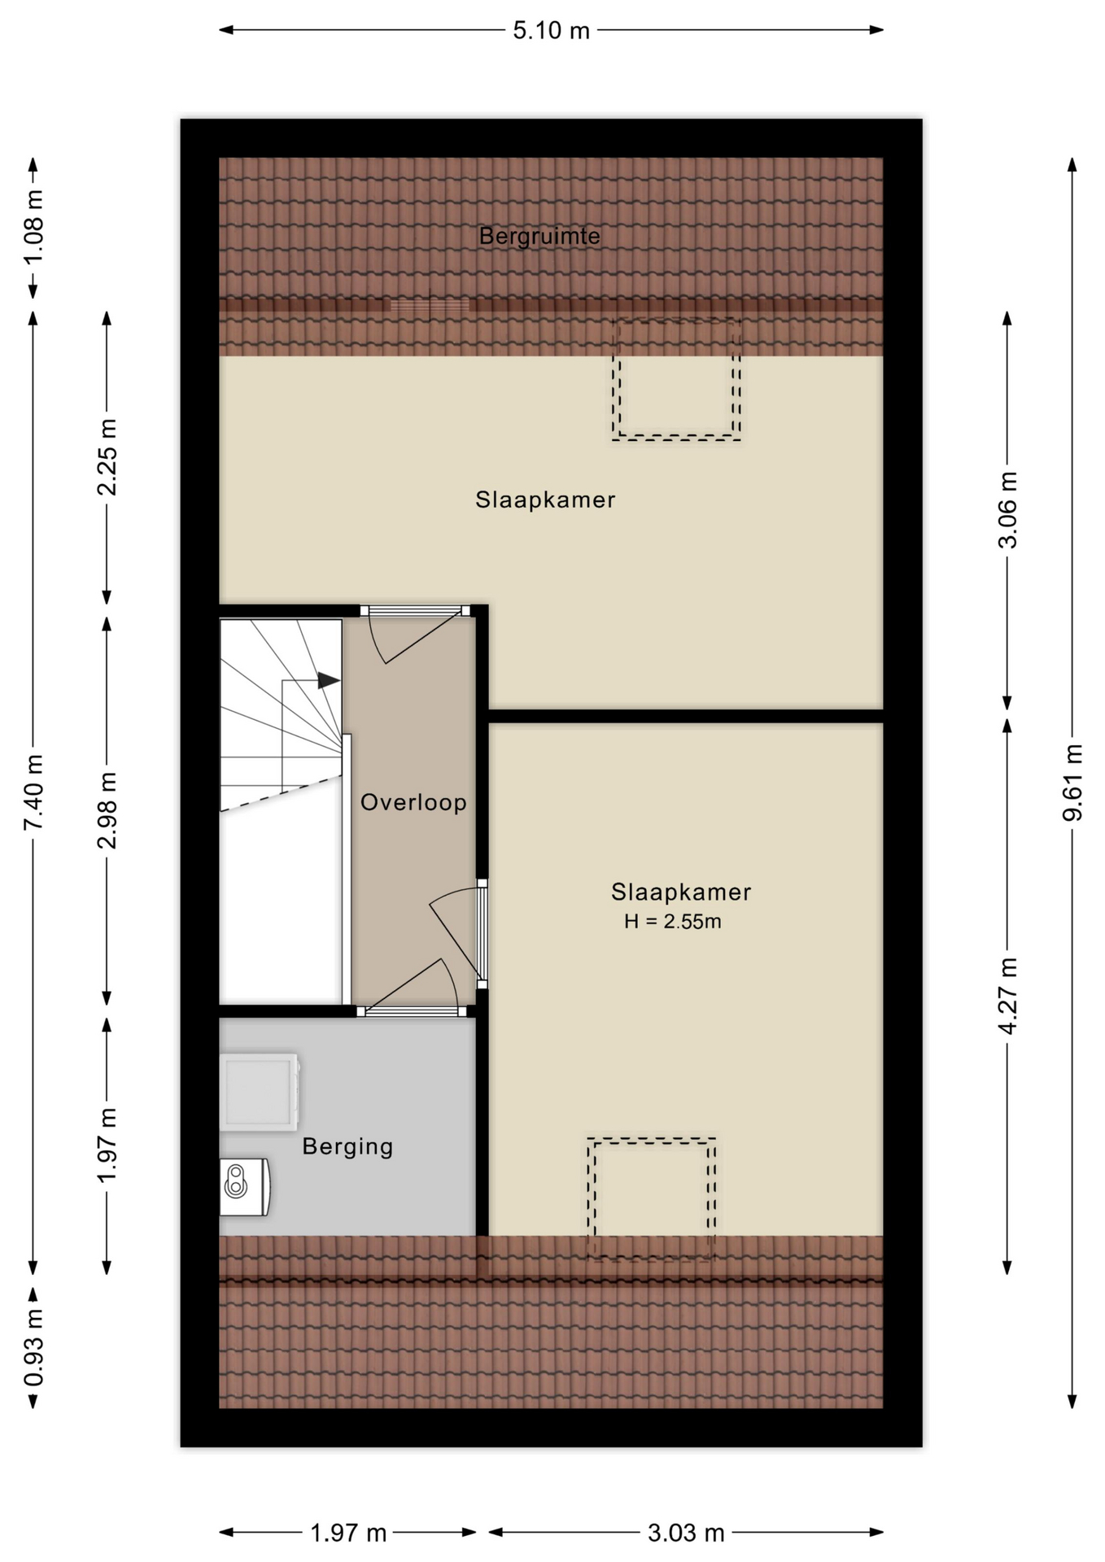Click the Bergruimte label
tap(539, 237)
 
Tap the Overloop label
tap(413, 803)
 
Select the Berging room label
tap(347, 1147)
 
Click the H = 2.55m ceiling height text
tap(672, 922)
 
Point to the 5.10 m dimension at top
tap(551, 30)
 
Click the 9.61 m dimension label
tap(1073, 782)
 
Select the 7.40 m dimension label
tap(33, 792)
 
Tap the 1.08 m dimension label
tap(33, 227)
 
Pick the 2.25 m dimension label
tap(107, 457)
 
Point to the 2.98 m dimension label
tap(107, 810)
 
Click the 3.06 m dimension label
tap(1007, 510)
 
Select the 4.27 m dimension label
tap(1007, 997)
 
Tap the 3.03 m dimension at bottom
tap(686, 1533)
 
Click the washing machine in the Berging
tap(260, 1092)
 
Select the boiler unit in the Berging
tap(244, 1187)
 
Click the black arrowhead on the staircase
tap(329, 680)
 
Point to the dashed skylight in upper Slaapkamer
tap(676, 380)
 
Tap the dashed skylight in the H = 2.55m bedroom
tap(652, 1199)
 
